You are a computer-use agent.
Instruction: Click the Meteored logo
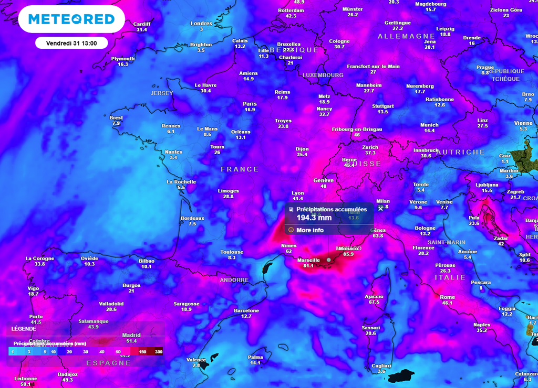(x=71, y=19)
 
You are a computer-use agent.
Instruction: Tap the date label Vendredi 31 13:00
(x=71, y=42)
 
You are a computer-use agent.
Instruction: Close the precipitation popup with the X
(x=380, y=208)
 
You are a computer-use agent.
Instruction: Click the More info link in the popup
(x=310, y=230)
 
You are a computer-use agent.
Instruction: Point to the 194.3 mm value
(x=314, y=218)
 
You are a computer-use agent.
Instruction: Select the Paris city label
(x=250, y=104)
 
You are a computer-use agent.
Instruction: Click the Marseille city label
(x=308, y=260)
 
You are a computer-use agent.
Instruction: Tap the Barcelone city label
(x=246, y=310)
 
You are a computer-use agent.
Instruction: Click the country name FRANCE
(x=240, y=169)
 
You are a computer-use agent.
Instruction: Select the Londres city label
(x=201, y=24)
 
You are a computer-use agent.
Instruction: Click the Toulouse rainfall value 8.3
(x=232, y=258)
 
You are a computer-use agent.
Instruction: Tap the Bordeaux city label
(x=192, y=218)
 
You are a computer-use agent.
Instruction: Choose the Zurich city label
(x=370, y=147)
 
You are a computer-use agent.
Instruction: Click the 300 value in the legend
(x=159, y=352)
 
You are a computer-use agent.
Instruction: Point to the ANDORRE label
(x=234, y=280)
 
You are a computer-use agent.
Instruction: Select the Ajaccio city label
(x=374, y=296)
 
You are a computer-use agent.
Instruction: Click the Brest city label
(x=116, y=118)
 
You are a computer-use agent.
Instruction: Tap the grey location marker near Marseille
(x=328, y=259)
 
